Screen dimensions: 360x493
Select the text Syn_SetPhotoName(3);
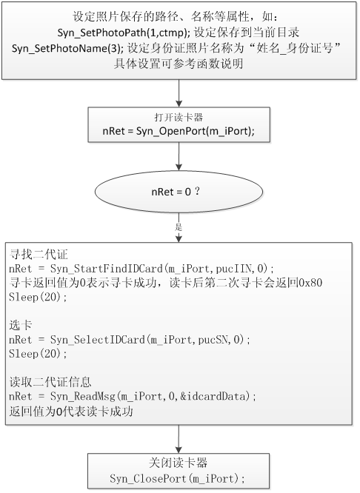68,48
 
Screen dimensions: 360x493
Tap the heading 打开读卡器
179,118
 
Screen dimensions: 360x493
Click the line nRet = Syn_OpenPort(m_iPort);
179,131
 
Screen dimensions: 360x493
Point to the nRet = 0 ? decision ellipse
179,192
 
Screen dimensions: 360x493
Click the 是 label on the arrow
179,227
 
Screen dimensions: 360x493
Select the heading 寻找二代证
39,254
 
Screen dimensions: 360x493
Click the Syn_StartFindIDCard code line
141,269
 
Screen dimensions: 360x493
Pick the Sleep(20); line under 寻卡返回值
38,297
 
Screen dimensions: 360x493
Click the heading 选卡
21,325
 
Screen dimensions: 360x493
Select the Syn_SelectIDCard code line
130,340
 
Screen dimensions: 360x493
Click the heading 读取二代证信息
50,382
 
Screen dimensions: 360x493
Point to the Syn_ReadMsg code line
133,396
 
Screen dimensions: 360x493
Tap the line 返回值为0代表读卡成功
71,411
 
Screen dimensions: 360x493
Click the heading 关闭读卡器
178,463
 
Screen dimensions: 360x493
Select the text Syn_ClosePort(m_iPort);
178,478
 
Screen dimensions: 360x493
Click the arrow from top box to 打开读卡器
179,93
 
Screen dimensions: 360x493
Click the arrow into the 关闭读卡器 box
179,439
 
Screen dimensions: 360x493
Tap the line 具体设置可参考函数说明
179,64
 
